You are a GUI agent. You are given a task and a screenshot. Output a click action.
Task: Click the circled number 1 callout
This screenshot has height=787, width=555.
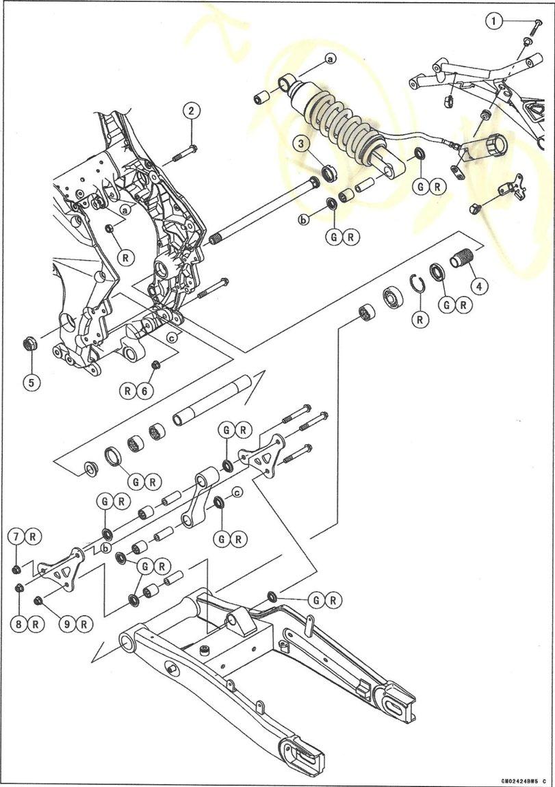pos(495,21)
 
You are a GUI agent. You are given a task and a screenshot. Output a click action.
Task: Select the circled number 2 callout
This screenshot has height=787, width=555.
pos(191,111)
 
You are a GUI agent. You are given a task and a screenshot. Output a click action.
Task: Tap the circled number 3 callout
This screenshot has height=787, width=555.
pos(302,144)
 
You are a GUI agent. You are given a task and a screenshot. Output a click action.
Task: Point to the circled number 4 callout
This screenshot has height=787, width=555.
pos(478,286)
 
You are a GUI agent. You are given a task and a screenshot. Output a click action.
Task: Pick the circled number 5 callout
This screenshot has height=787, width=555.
pos(30,382)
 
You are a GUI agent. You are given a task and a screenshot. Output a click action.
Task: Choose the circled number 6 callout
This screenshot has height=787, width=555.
pos(142,391)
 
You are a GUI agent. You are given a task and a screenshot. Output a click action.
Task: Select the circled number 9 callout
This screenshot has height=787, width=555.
pos(66,623)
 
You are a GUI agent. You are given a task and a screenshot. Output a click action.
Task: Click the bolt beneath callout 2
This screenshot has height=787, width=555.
pos(183,152)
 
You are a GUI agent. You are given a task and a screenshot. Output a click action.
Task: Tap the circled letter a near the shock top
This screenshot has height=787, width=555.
pos(330,60)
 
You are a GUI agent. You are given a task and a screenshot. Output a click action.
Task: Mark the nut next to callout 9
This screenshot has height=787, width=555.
pos(39,600)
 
